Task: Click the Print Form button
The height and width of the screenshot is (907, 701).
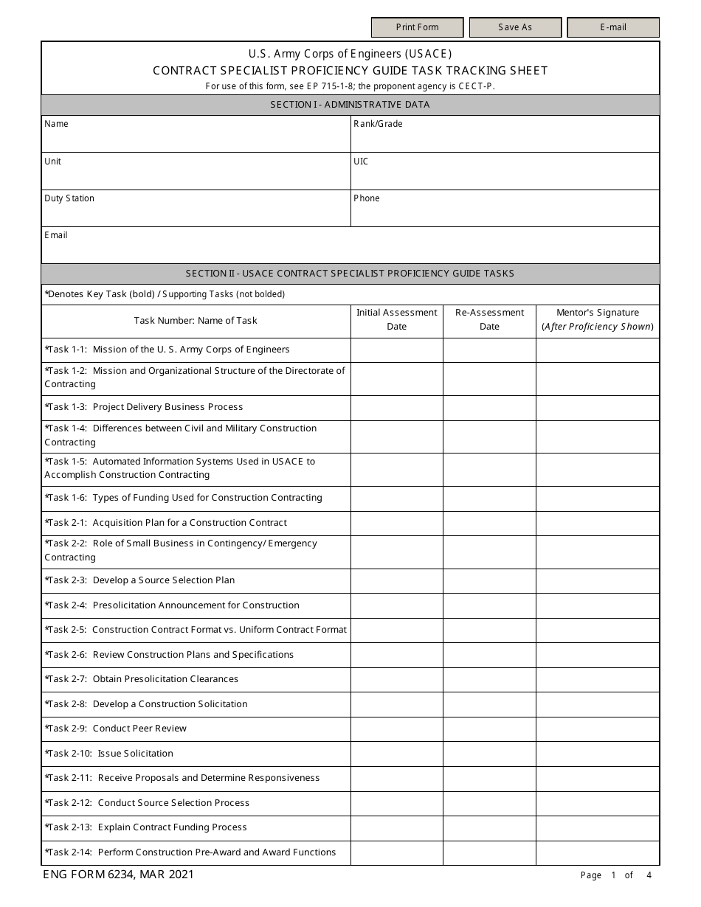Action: coord(417,27)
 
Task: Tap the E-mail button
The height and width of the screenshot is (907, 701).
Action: coord(612,27)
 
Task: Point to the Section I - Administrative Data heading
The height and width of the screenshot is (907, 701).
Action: coord(350,105)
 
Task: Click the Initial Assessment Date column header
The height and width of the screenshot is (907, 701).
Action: coord(396,320)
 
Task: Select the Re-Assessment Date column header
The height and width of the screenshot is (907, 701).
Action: coord(489,320)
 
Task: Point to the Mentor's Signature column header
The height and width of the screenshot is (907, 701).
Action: coord(597,320)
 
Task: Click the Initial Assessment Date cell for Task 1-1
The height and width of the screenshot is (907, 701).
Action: coord(396,350)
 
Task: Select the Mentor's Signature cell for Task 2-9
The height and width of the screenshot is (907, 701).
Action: coord(597,729)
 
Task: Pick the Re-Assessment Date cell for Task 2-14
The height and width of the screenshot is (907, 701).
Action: coord(489,852)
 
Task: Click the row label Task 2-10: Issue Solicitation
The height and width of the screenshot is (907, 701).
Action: coord(109,754)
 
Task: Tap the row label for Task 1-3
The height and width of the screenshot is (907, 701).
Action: coord(144,407)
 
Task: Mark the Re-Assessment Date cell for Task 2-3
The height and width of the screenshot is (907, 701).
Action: coord(489,580)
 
